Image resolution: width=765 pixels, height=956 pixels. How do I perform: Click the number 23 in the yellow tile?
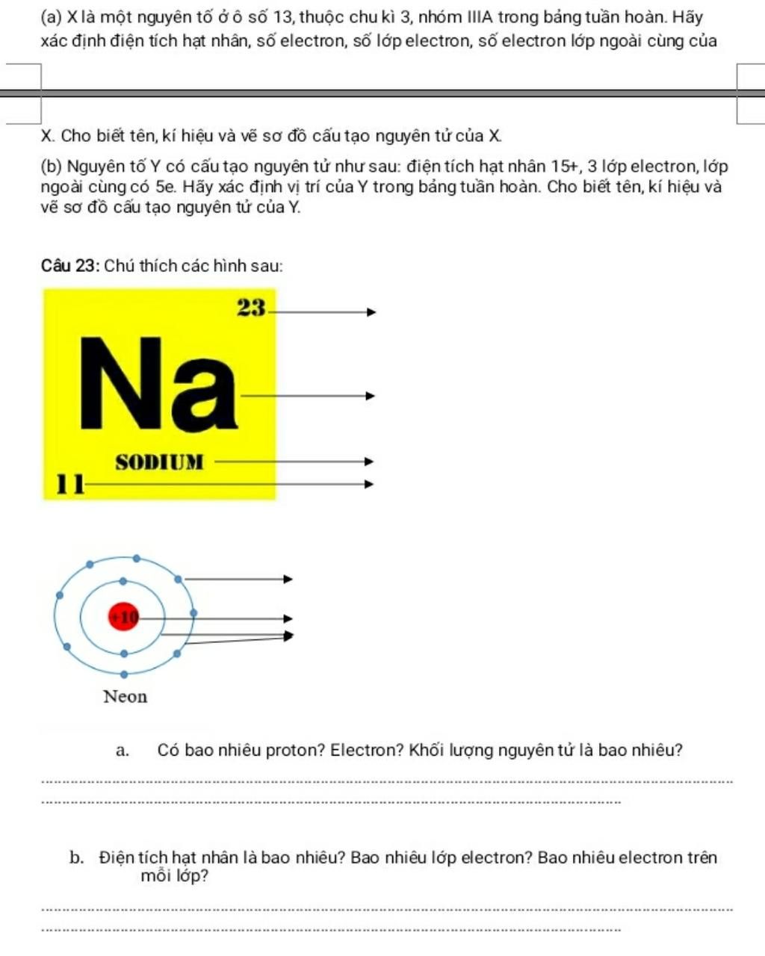pos(251,307)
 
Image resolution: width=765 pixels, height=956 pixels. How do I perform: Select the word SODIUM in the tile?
pos(159,462)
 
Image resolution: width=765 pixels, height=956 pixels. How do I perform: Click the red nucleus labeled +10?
pos(124,616)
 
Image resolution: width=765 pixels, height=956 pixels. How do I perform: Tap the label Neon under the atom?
pos(126,697)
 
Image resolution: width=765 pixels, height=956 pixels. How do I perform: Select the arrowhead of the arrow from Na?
pos(369,396)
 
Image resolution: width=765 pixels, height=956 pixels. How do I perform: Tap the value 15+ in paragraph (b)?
pos(567,167)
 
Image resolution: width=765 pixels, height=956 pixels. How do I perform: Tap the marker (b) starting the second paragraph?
pos(52,167)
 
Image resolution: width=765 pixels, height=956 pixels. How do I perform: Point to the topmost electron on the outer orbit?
pos(136,558)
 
